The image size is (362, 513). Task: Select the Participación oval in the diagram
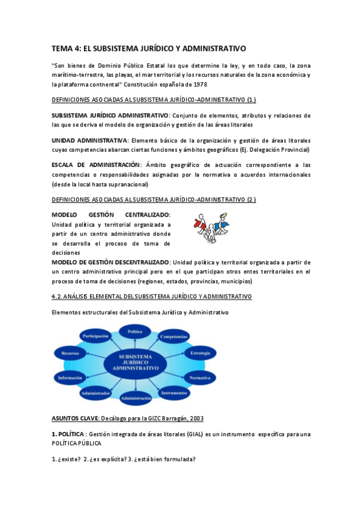click(x=95, y=336)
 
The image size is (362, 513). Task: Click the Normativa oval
click(x=200, y=377)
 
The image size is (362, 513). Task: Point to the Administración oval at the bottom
click(x=135, y=398)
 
